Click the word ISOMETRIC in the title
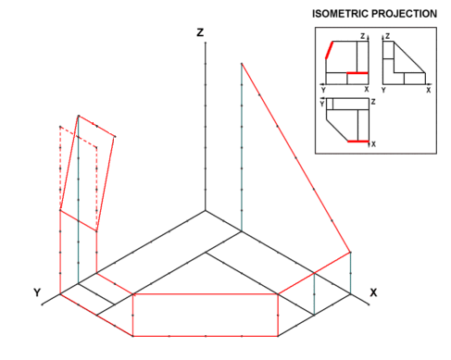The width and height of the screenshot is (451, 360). tap(340, 14)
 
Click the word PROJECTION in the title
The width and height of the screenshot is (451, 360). tap(404, 14)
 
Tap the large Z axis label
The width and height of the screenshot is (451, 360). tap(200, 32)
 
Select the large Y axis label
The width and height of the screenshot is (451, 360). tap(37, 292)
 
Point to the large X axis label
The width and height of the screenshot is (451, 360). tap(373, 292)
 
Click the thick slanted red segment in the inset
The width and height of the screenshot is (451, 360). tap(330, 50)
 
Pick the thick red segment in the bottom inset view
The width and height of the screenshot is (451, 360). tap(358, 142)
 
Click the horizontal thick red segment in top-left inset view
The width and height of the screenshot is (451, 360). tap(357, 73)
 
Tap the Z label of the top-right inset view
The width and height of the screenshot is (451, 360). tap(388, 36)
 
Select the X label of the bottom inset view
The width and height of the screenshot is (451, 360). tap(373, 144)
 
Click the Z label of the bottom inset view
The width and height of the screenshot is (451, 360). tap(373, 102)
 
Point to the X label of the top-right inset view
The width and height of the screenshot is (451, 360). tap(429, 90)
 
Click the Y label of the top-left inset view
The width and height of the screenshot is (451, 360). tap(323, 90)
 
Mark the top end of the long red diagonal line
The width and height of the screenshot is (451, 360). tap(242, 64)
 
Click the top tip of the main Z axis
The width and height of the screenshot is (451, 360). tap(206, 43)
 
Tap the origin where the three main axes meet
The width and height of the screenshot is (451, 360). tap(206, 211)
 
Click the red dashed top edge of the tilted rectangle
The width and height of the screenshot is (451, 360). tap(79, 137)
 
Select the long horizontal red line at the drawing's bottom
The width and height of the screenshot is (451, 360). tap(206, 336)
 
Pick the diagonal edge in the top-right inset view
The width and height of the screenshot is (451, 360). tap(409, 57)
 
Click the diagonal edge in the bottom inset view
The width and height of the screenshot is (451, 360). tap(337, 130)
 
